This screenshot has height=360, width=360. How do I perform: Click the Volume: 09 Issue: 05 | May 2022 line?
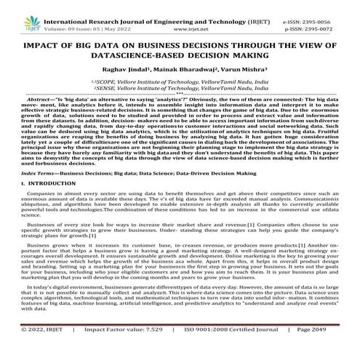[79, 19]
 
